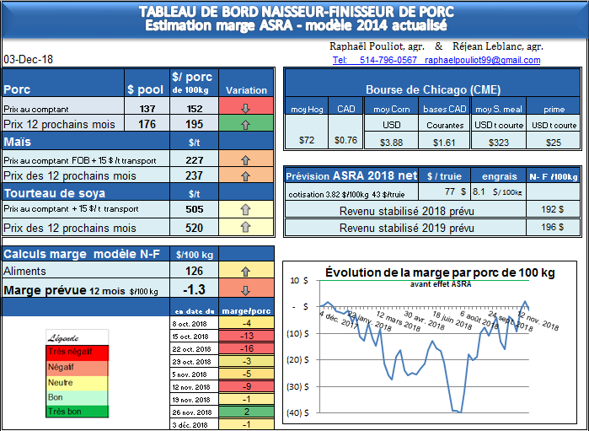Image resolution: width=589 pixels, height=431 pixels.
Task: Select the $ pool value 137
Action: click(x=147, y=108)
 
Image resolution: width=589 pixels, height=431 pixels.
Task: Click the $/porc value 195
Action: click(x=194, y=124)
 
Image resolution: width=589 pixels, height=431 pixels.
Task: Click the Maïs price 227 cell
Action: click(x=194, y=159)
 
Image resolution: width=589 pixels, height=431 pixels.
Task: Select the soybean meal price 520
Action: click(x=194, y=228)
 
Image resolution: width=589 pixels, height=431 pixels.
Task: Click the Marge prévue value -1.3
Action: click(x=194, y=289)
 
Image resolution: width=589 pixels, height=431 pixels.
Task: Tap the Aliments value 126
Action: click(x=194, y=271)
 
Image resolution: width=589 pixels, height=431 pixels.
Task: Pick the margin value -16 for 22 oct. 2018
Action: click(x=246, y=348)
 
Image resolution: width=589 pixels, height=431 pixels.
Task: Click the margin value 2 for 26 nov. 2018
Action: click(x=246, y=412)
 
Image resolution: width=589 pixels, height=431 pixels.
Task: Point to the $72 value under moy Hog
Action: click(x=307, y=140)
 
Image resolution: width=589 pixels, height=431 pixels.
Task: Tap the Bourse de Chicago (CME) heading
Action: click(x=424, y=90)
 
